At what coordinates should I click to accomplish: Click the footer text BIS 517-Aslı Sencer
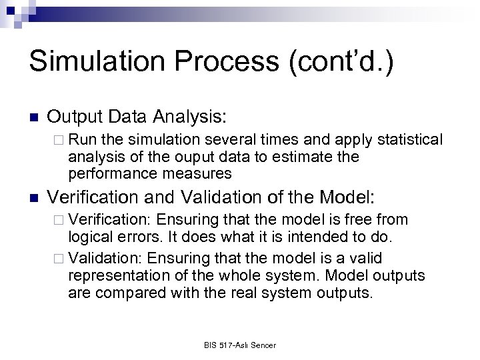pyautogui.click(x=239, y=345)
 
